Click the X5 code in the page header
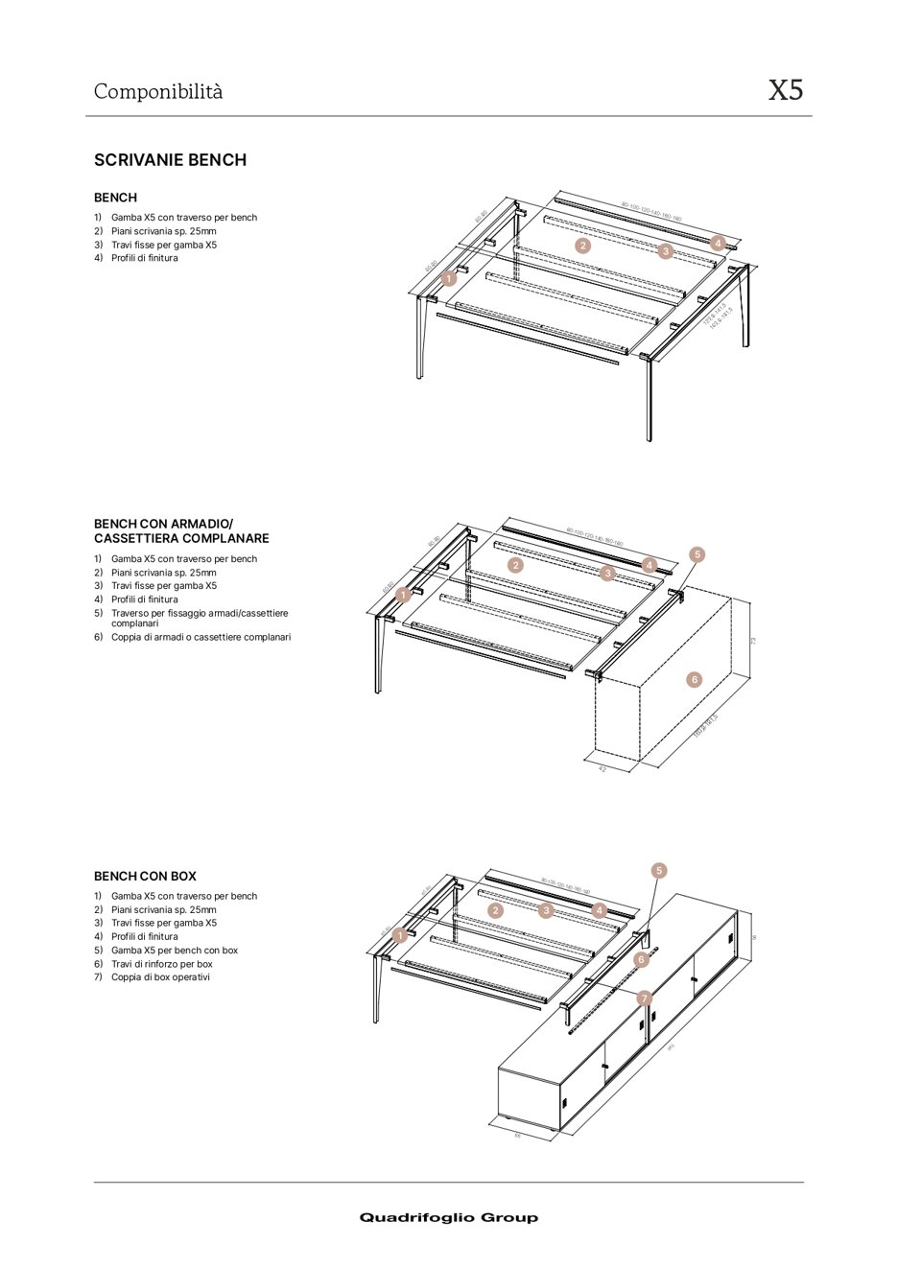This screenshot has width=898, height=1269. pyautogui.click(x=785, y=90)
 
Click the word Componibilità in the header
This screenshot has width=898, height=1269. pyautogui.click(x=158, y=91)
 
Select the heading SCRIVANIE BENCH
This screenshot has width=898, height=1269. pyautogui.click(x=170, y=160)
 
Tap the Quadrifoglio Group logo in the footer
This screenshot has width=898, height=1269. pyautogui.click(x=448, y=1217)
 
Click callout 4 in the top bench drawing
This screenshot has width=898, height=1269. pyautogui.click(x=717, y=244)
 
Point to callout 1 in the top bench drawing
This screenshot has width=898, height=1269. pyautogui.click(x=449, y=279)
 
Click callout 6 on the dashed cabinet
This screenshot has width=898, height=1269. pyautogui.click(x=695, y=680)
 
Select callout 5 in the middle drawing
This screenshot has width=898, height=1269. pyautogui.click(x=697, y=554)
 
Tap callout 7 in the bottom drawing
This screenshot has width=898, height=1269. pyautogui.click(x=645, y=999)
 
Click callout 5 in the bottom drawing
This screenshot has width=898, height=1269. pyautogui.click(x=659, y=871)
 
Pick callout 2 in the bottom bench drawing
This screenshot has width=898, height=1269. pyautogui.click(x=495, y=910)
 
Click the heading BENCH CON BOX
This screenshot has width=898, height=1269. pyautogui.click(x=145, y=876)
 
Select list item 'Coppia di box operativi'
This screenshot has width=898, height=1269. pyautogui.click(x=160, y=977)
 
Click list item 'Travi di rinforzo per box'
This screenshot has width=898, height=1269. pyautogui.click(x=161, y=964)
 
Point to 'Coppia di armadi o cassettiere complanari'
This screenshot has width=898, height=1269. pyautogui.click(x=201, y=637)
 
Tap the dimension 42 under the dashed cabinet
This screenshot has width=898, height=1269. pyautogui.click(x=603, y=768)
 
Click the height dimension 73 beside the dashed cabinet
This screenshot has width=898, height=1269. pyautogui.click(x=754, y=640)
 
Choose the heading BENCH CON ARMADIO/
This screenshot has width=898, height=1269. pyautogui.click(x=163, y=524)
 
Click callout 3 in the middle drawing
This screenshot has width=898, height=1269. pyautogui.click(x=607, y=574)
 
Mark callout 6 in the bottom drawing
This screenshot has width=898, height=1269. pyautogui.click(x=642, y=959)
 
